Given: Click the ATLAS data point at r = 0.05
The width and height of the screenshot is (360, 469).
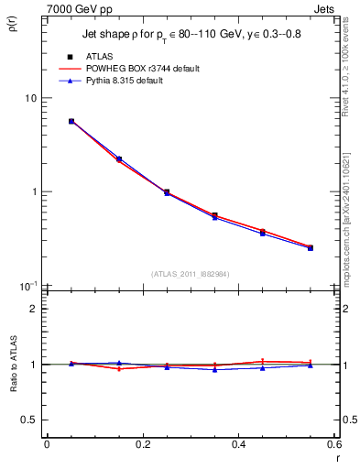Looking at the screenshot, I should pos(71,121).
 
